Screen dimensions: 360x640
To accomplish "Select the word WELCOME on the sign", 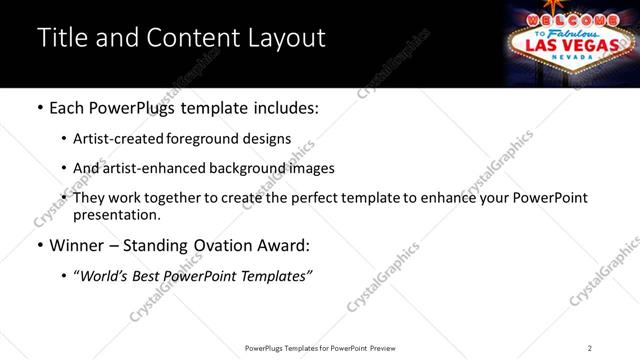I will coord(567,20).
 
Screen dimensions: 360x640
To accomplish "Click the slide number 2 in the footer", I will coord(590,348).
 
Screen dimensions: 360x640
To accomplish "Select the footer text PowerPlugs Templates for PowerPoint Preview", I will coord(319,348).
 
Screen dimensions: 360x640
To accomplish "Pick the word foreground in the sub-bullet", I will coord(213,139).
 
